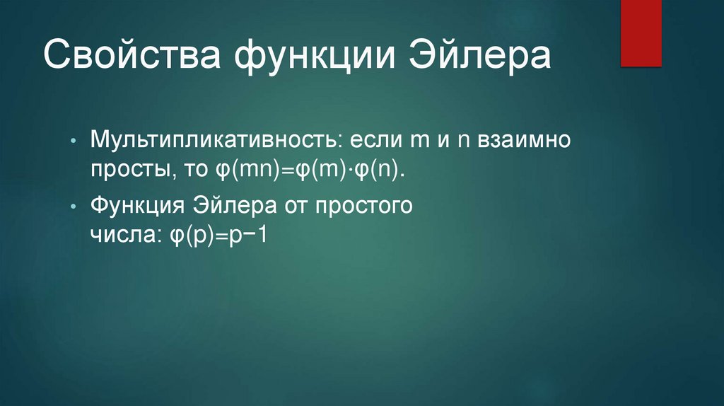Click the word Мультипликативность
pos(211,140)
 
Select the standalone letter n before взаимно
pos(464,141)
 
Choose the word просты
pos(127,172)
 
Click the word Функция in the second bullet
pos(134,205)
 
